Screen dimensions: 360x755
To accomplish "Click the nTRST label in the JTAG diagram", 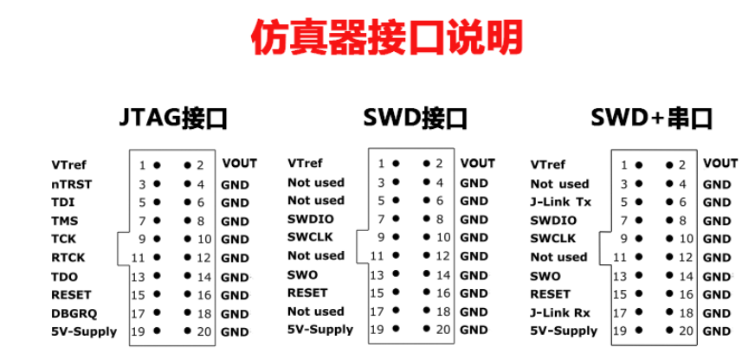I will point(71,183).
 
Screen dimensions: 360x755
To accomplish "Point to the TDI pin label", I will point(62,202).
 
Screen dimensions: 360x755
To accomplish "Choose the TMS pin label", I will point(64,221).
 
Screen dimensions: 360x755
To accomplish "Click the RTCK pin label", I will point(68,257).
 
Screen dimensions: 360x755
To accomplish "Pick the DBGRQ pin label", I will point(71,312).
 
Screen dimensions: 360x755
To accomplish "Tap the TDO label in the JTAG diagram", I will point(64,276).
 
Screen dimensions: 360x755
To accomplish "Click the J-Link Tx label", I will point(560,202).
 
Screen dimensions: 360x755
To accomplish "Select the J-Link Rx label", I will point(560,312).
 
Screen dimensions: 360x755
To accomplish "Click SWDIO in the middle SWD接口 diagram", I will point(310,219).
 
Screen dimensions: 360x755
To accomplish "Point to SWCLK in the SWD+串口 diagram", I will point(552,238).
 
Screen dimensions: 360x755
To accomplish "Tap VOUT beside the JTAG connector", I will point(239,163).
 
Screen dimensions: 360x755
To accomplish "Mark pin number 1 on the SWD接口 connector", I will point(381,163).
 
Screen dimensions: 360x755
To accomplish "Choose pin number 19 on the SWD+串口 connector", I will point(623,331).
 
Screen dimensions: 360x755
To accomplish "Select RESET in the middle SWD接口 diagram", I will point(307,292).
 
